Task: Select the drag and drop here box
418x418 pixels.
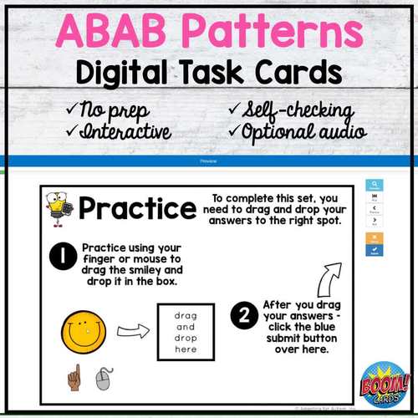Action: click(x=186, y=332)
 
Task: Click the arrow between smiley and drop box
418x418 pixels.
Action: click(x=130, y=332)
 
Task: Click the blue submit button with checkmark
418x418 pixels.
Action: click(x=375, y=249)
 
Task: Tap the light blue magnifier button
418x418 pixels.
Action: click(x=375, y=186)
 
